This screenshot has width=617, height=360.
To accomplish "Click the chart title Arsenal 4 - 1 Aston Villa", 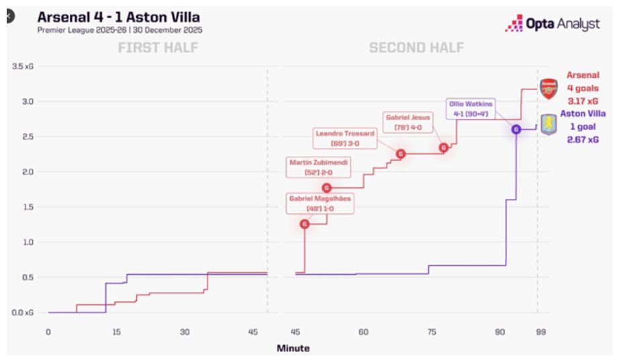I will tap(118, 16).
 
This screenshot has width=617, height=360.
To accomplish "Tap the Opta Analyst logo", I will tap(552, 23).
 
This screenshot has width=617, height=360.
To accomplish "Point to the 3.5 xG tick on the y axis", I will tap(23, 66).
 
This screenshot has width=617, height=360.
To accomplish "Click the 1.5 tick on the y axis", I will tap(28, 207).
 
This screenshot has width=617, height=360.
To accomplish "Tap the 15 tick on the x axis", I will tap(117, 331).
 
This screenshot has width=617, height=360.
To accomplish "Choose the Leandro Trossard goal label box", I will tap(346, 138).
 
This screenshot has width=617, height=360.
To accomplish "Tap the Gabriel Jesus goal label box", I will tap(408, 122).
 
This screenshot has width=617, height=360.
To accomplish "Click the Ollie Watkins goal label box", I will tap(470, 109).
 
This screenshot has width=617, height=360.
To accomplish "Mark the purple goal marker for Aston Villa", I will tap(516, 129).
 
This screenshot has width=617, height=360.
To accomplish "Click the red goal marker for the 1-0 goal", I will tap(305, 224).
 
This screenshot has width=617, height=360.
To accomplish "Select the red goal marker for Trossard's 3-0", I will tap(401, 154).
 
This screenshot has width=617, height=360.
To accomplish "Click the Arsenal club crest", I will tap(548, 88).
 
